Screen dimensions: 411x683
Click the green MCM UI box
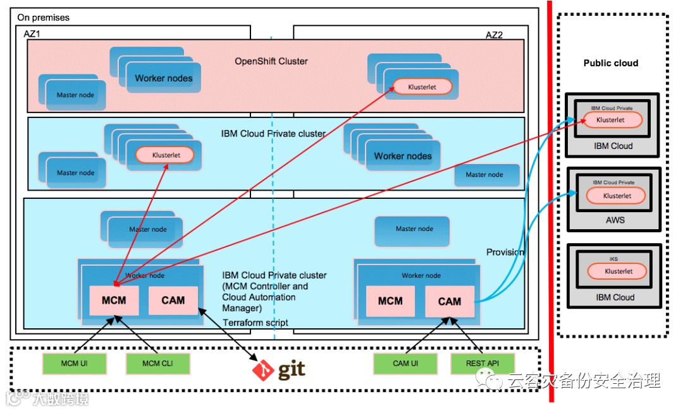pyautogui.click(x=75, y=363)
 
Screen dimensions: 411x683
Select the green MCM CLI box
pyautogui.click(x=157, y=363)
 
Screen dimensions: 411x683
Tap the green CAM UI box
pyautogui.click(x=405, y=363)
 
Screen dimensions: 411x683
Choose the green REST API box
pyautogui.click(x=483, y=363)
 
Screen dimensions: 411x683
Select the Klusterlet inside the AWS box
pyautogui.click(x=617, y=196)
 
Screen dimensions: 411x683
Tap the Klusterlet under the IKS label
pyautogui.click(x=617, y=271)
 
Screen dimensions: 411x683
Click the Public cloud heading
pyautogui.click(x=610, y=63)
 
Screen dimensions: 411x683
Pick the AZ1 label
pyautogui.click(x=32, y=33)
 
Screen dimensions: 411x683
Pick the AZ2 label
pyautogui.click(x=494, y=35)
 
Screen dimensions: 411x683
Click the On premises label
pyautogui.click(x=44, y=18)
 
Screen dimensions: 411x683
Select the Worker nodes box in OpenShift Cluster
pyautogui.click(x=164, y=78)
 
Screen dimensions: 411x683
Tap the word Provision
pyautogui.click(x=505, y=253)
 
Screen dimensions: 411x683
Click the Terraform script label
pyautogui.click(x=255, y=323)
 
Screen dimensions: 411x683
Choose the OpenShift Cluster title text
pyautogui.click(x=271, y=61)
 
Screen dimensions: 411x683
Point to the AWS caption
pyautogui.click(x=615, y=220)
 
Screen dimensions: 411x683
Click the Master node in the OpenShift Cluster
pyautogui.click(x=75, y=95)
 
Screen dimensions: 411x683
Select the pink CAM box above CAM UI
pyautogui.click(x=449, y=301)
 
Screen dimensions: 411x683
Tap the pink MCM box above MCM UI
pyautogui.click(x=114, y=300)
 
